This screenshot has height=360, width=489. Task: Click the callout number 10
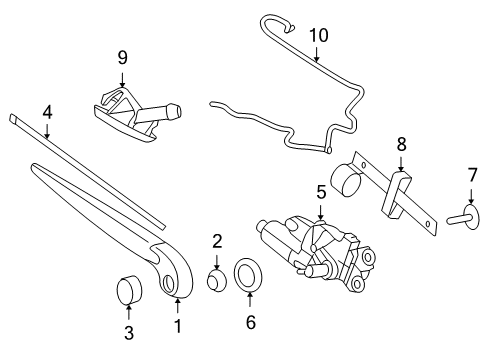[x=319, y=35]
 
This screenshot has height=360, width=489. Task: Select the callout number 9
[x=122, y=58]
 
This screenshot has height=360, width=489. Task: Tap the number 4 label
[x=47, y=112]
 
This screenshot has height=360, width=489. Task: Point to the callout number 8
[x=401, y=144]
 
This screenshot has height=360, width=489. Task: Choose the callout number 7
[x=472, y=175]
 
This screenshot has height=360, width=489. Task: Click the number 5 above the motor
[x=321, y=192]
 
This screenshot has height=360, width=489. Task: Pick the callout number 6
[x=251, y=322]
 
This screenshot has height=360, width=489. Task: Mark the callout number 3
[x=129, y=333]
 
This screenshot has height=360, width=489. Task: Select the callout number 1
[x=178, y=326]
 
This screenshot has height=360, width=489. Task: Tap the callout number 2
[x=217, y=241]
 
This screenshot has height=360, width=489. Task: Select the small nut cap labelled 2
[x=217, y=281]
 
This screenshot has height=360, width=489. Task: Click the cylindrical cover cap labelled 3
[x=129, y=290]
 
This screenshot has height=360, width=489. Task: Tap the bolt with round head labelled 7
[x=464, y=218]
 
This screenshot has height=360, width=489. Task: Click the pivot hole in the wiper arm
[x=169, y=284]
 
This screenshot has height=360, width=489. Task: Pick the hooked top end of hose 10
[x=277, y=23]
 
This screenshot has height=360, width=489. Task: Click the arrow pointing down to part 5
[x=320, y=212]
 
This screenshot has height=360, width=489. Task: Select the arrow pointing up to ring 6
[x=250, y=299]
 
